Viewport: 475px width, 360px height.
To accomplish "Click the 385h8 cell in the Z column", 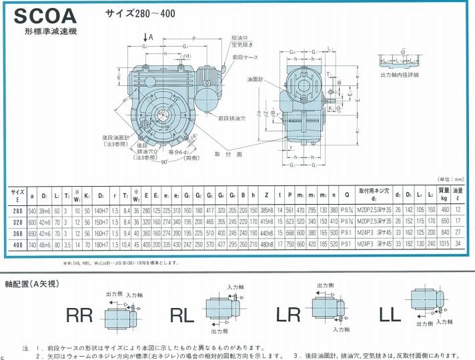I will click(266, 210).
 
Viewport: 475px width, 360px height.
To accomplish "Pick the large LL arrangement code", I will click(390, 315).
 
